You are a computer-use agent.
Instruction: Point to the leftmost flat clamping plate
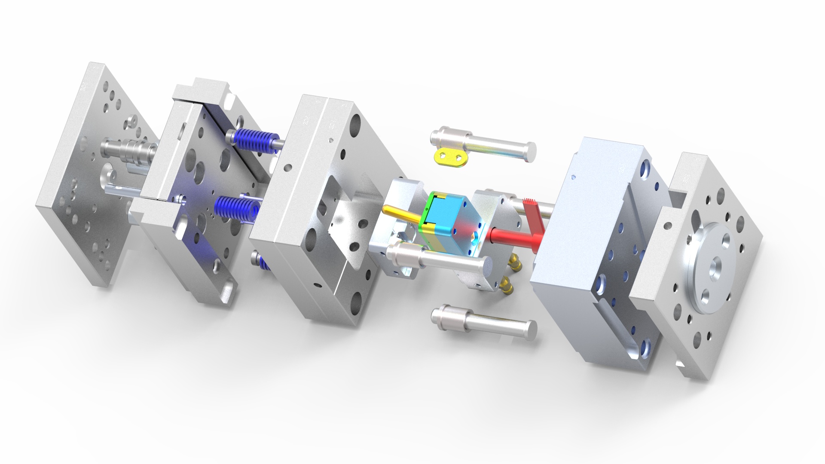[86, 172]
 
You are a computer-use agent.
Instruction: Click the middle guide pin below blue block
[438, 258]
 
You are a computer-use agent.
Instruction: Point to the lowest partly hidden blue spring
[263, 261]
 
